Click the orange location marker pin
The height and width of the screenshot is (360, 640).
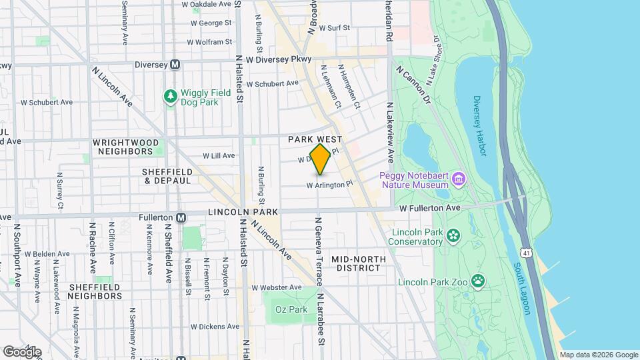(320, 159)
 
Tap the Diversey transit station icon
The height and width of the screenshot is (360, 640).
(175, 65)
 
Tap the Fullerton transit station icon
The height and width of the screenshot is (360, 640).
(181, 217)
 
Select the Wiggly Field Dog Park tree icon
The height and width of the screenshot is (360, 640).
(171, 97)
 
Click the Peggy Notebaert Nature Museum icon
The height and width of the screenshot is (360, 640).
(457, 179)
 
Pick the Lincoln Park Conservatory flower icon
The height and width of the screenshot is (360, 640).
(453, 235)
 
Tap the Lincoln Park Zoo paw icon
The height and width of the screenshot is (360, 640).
(477, 281)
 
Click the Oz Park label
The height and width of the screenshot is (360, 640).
(294, 309)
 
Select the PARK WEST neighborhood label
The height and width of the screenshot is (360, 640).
(315, 139)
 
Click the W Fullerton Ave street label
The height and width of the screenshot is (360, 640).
(430, 208)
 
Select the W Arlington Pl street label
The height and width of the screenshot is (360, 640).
(329, 185)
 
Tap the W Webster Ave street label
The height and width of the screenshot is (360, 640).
(275, 287)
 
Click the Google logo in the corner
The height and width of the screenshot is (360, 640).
(22, 351)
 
